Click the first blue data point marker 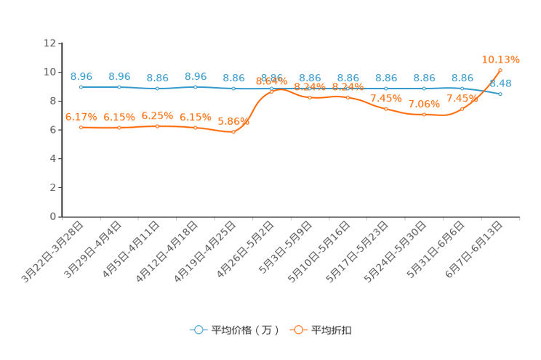[x=81, y=86]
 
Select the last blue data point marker [x=501, y=94]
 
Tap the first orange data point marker [x=81, y=128]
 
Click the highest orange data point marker [x=501, y=70]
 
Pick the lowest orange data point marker [x=233, y=133]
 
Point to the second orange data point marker [x=119, y=128]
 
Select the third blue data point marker [x=157, y=88]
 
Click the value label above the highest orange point [x=501, y=58]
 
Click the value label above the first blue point [x=81, y=75]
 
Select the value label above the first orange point [x=81, y=116]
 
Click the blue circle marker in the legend [x=199, y=330]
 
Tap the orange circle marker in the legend [x=298, y=330]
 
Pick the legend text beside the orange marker [x=332, y=330]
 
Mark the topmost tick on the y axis [x=58, y=43]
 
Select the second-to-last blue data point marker [x=462, y=88]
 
